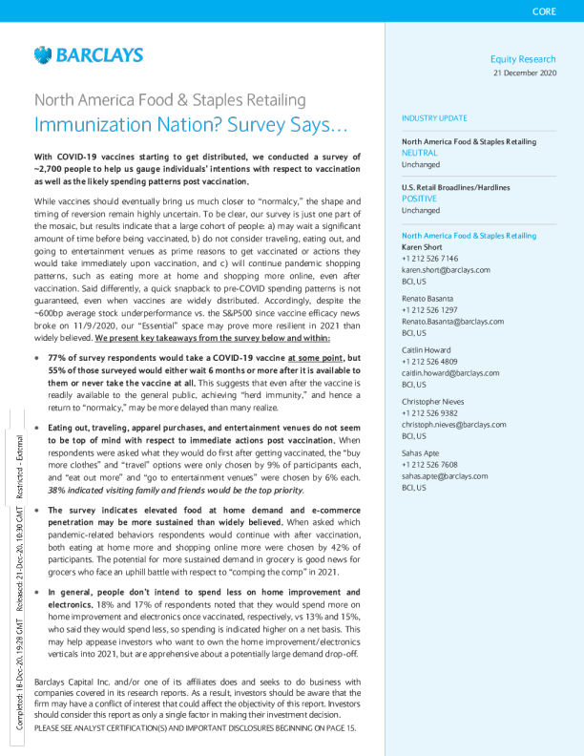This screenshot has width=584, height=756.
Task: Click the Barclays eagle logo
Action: click(x=42, y=55)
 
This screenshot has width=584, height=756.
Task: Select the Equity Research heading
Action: click(x=522, y=59)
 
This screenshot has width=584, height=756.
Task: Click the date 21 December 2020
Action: click(x=524, y=73)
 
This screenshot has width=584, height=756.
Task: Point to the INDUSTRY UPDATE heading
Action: click(x=435, y=118)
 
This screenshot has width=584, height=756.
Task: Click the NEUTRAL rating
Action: click(x=419, y=152)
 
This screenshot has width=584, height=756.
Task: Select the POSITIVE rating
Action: click(x=419, y=199)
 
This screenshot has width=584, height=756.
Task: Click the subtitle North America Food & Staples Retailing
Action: click(x=170, y=99)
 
